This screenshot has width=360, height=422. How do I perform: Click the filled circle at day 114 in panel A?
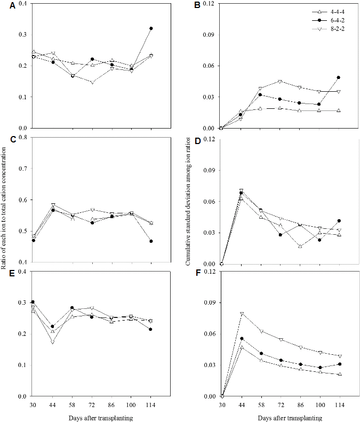[x=151, y=28]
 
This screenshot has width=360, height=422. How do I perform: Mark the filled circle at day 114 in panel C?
[x=151, y=241]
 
